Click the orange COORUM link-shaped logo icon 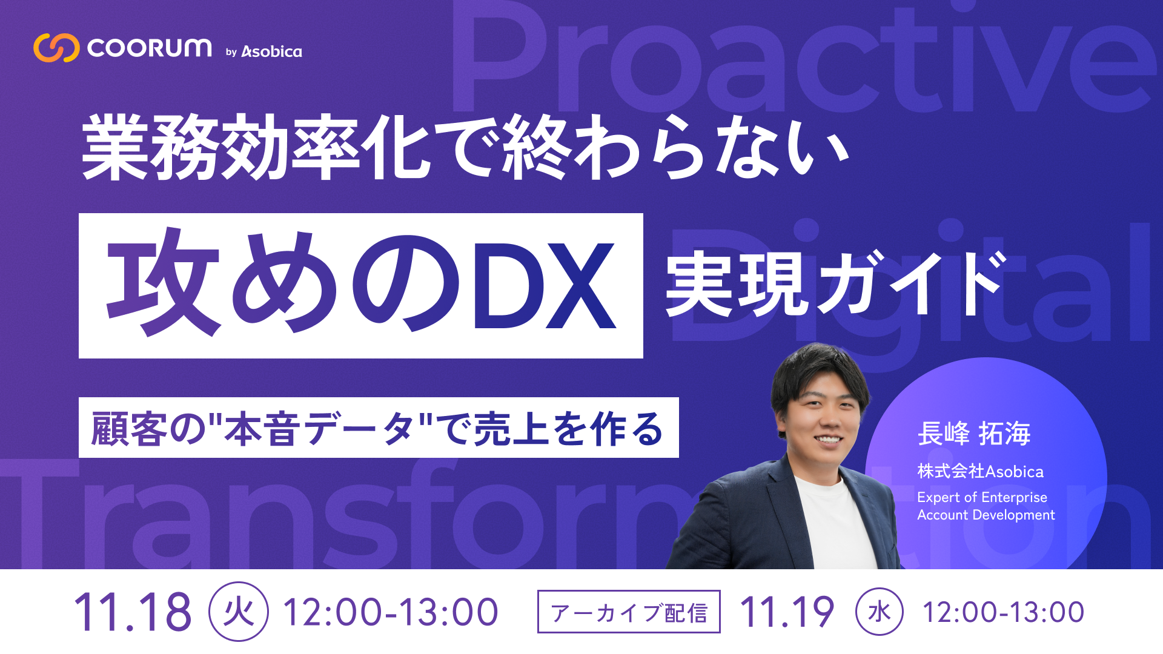point(56,48)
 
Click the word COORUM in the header point(150,48)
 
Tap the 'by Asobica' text point(264,52)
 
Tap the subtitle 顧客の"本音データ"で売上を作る point(378,428)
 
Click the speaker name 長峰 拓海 point(973,434)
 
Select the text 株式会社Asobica point(980,471)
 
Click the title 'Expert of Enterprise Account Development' point(986,506)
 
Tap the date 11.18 point(133,612)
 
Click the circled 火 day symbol point(239,612)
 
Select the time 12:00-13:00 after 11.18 point(391,612)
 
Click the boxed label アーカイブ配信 point(629,612)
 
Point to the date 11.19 point(787,612)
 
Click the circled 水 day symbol point(879,612)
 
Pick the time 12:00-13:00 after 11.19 point(1003,612)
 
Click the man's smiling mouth point(827,440)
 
